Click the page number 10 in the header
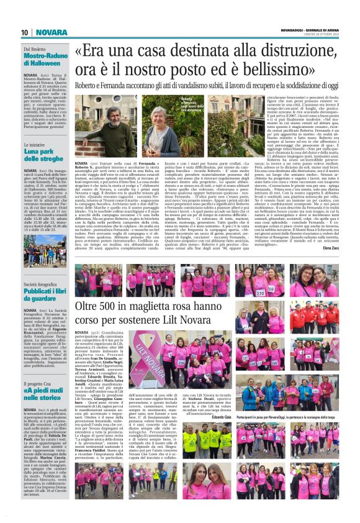point(25,32)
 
